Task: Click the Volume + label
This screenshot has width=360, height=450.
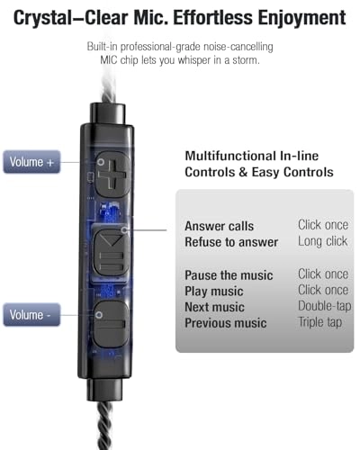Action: pyautogui.click(x=32, y=163)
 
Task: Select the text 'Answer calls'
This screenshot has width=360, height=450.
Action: pyautogui.click(x=219, y=226)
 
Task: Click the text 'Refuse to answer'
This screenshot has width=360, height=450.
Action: pyautogui.click(x=230, y=242)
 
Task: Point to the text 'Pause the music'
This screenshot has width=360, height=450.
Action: pyautogui.click(x=229, y=274)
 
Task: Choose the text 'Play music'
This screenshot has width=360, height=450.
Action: pyautogui.click(x=214, y=291)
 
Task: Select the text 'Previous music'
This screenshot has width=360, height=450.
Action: pyautogui.click(x=225, y=323)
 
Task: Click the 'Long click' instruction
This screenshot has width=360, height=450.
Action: pyautogui.click(x=322, y=242)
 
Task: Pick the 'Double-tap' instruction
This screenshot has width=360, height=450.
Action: pyautogui.click(x=323, y=307)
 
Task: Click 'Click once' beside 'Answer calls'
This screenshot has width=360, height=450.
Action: pyautogui.click(x=323, y=226)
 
